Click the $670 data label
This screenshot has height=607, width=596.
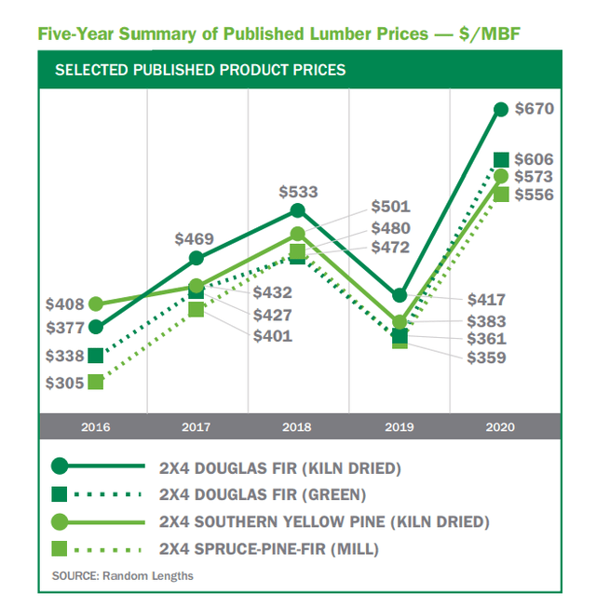[x=535, y=109]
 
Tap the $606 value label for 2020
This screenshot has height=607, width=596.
[x=535, y=159]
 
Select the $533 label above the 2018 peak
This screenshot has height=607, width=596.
[x=298, y=192]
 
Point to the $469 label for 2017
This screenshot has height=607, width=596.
[x=195, y=238]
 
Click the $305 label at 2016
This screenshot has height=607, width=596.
[x=64, y=382]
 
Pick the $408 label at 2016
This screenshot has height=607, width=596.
[x=64, y=303]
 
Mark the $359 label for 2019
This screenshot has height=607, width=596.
[x=486, y=357]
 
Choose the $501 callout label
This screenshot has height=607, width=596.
[x=390, y=207]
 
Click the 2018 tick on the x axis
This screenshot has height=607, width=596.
[x=297, y=427]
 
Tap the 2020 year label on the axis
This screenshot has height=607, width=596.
[x=500, y=427]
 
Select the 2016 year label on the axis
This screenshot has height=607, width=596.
[x=95, y=427]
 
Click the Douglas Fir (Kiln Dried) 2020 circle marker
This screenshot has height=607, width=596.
[x=500, y=109]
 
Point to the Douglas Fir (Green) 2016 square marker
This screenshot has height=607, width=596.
[x=95, y=355]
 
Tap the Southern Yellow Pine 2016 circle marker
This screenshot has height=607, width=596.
[x=95, y=303]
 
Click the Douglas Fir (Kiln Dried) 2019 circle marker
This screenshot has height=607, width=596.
[x=400, y=295]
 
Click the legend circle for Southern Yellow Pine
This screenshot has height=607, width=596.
[x=61, y=521]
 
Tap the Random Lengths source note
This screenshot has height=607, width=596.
[x=123, y=575]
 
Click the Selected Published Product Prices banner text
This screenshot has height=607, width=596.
[x=200, y=70]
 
